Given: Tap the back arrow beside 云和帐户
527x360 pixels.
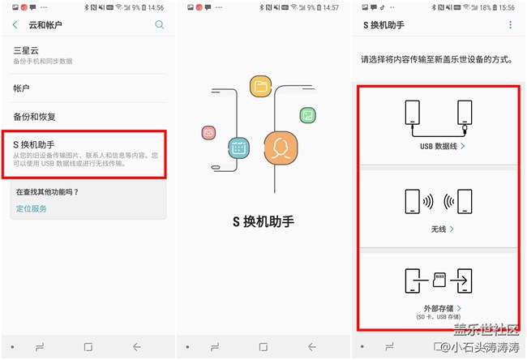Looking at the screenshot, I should [x=15, y=25].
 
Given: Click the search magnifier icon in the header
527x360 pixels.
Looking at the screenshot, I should [x=160, y=25].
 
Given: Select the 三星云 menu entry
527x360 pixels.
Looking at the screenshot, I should [x=26, y=50].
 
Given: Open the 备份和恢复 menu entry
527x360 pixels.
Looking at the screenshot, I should [x=34, y=117].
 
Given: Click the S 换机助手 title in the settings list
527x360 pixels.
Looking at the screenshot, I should [x=33, y=144].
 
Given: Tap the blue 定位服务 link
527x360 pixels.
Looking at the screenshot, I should [x=31, y=208].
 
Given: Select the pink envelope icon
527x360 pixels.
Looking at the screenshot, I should [x=208, y=132].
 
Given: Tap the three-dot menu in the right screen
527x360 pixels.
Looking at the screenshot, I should [x=510, y=25].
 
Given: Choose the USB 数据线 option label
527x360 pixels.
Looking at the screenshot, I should [x=437, y=147].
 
